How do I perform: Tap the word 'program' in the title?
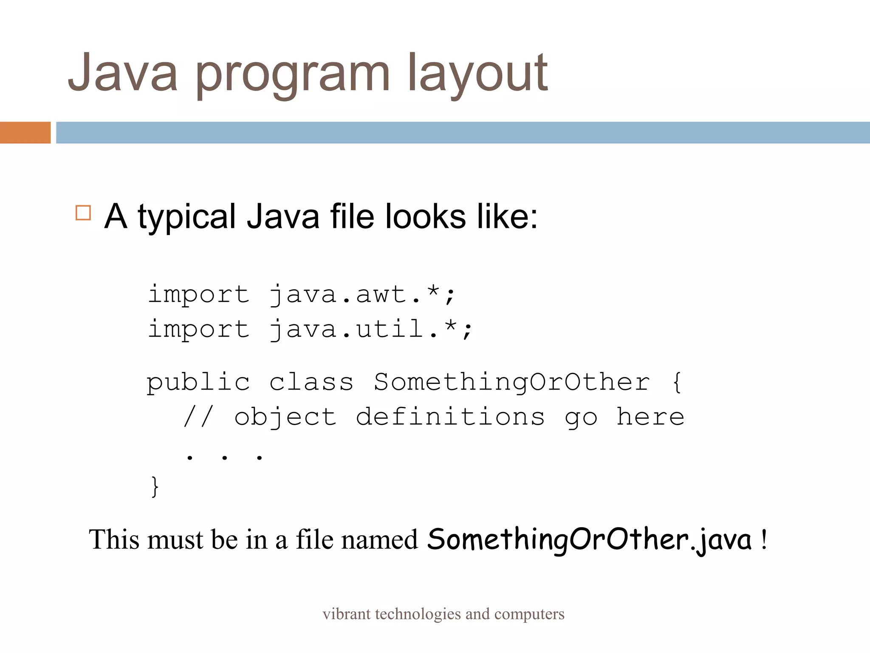pos(292,74)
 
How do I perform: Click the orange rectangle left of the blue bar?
pos(25,132)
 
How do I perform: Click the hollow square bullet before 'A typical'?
pos(83,213)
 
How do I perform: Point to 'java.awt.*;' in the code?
pos(362,295)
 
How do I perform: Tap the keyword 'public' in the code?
pos(198,382)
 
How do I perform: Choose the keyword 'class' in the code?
pos(311,382)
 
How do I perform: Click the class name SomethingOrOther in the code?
pos(511,382)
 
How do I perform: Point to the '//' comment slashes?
pos(198,417)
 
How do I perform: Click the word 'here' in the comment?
pos(650,417)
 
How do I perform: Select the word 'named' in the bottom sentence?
pos(380,540)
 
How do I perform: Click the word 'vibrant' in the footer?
pos(346,614)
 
